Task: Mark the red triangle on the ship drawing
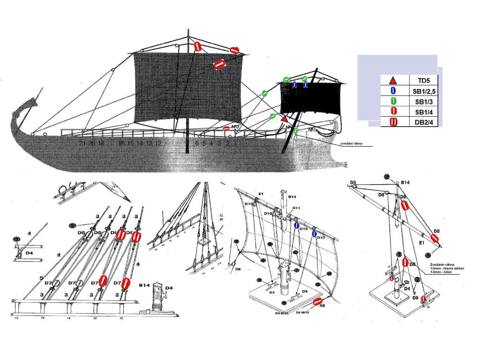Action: tap(284, 120)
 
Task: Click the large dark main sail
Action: tap(187, 87)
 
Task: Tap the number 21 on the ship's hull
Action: tap(82, 143)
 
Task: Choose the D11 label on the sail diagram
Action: tap(296, 207)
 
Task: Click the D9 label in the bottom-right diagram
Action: tap(415, 297)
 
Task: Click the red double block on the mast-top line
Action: tap(197, 46)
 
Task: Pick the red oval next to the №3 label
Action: tap(226, 128)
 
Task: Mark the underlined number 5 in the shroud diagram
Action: tap(41, 278)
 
